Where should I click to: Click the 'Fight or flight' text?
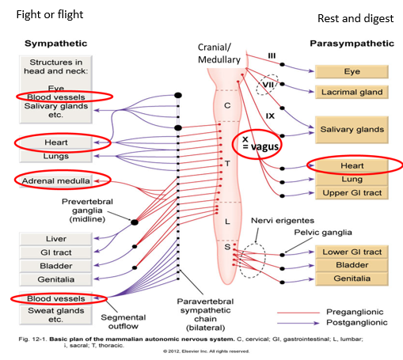[x=44, y=14]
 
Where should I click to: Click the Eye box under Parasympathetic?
[x=352, y=71]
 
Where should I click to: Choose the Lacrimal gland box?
[x=352, y=93]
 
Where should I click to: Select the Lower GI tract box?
[x=352, y=252]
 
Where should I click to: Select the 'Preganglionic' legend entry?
[x=355, y=312]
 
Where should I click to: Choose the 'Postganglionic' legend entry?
[x=357, y=324]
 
